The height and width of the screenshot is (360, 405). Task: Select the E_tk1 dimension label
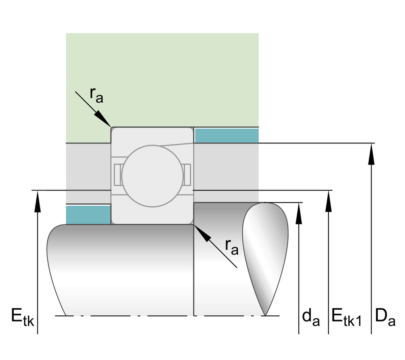pyautogui.click(x=346, y=317)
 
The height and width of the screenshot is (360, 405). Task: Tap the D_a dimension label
pyautogui.click(x=385, y=317)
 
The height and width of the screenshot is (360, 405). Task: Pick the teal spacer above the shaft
pyautogui.click(x=88, y=215)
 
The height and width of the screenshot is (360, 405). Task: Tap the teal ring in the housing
pyautogui.click(x=226, y=136)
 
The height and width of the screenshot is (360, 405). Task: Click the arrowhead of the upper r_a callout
pyautogui.click(x=103, y=118)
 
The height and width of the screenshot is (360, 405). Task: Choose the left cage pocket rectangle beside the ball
pyautogui.click(x=117, y=175)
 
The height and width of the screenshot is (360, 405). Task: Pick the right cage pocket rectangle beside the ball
pyautogui.click(x=187, y=175)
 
